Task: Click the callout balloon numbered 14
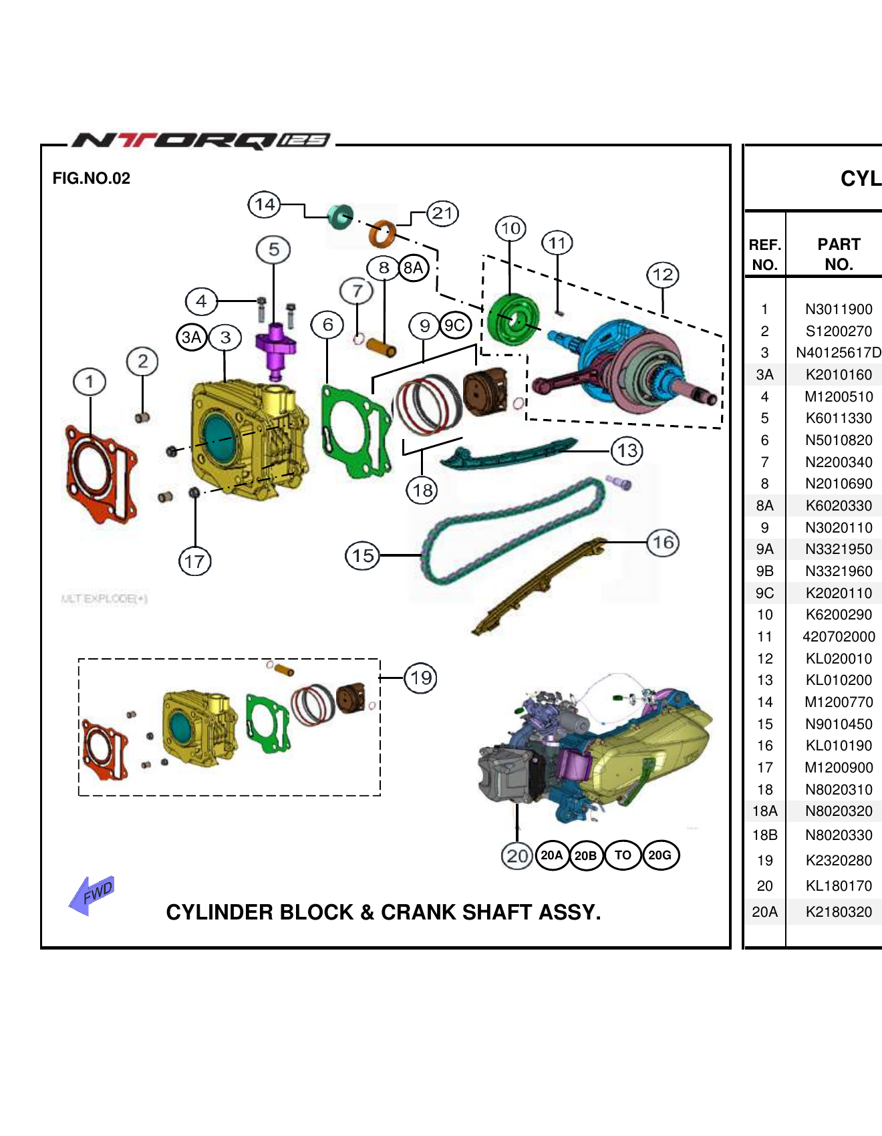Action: (x=265, y=204)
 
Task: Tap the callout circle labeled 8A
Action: (x=413, y=269)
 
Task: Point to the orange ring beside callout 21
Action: (x=382, y=233)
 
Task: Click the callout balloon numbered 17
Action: (x=194, y=561)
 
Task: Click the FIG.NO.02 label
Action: (x=92, y=178)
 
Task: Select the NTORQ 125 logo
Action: (x=200, y=140)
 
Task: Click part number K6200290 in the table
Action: (x=839, y=615)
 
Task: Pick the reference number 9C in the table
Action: (x=764, y=593)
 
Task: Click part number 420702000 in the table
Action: (x=839, y=637)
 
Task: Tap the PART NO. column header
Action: (x=839, y=254)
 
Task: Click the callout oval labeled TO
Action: (x=623, y=855)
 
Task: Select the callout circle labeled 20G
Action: (x=660, y=855)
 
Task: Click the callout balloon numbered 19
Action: (x=421, y=678)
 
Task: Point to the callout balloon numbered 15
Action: (x=363, y=555)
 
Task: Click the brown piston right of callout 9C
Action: (x=484, y=391)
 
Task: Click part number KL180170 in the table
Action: (x=839, y=886)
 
